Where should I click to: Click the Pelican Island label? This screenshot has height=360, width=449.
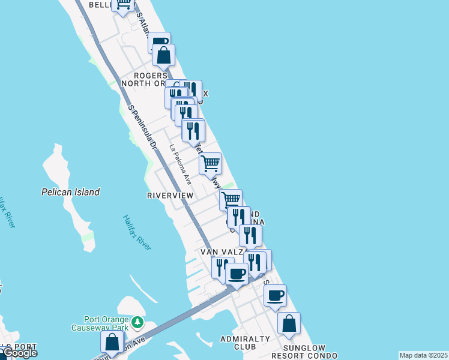coord(70,192)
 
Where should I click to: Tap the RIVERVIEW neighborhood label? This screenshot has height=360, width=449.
coord(170,196)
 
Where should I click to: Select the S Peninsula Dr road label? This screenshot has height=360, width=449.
coord(142,127)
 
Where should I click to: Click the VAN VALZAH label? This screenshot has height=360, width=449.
coord(223,252)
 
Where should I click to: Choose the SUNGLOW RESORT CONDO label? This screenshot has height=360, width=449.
coord(304,352)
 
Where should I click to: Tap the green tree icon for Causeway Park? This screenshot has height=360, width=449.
coord(138,323)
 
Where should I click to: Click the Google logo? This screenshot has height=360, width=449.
coord(20,353)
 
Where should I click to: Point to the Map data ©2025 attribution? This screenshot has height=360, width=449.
coord(423,355)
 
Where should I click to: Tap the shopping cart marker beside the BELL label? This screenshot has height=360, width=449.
coord(124,5)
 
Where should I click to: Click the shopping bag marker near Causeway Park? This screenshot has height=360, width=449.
coord(112,343)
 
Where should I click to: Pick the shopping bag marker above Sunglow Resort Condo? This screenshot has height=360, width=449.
coord(289,323)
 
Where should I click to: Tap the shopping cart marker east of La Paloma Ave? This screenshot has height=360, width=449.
coord(210,163)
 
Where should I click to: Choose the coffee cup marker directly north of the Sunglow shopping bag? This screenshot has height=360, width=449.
coord(276,296)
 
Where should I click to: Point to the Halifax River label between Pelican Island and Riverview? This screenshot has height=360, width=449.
coord(137,232)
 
